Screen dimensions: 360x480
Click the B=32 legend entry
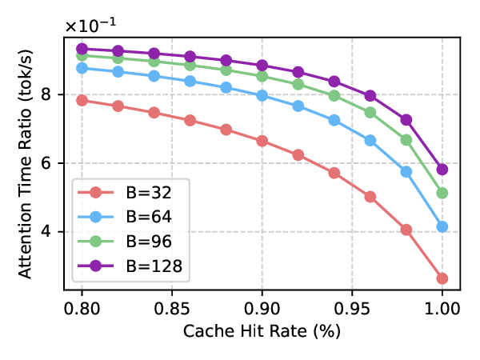pos(132,194)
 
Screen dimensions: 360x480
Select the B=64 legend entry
pos(132,218)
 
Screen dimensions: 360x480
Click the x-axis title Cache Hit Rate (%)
pos(262,331)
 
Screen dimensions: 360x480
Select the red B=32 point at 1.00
pos(442,278)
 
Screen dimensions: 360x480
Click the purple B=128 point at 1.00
pos(442,170)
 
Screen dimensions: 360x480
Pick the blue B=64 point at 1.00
pos(442,227)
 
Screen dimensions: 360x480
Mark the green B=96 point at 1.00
pos(442,193)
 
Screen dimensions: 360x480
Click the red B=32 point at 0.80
pos(82,100)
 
